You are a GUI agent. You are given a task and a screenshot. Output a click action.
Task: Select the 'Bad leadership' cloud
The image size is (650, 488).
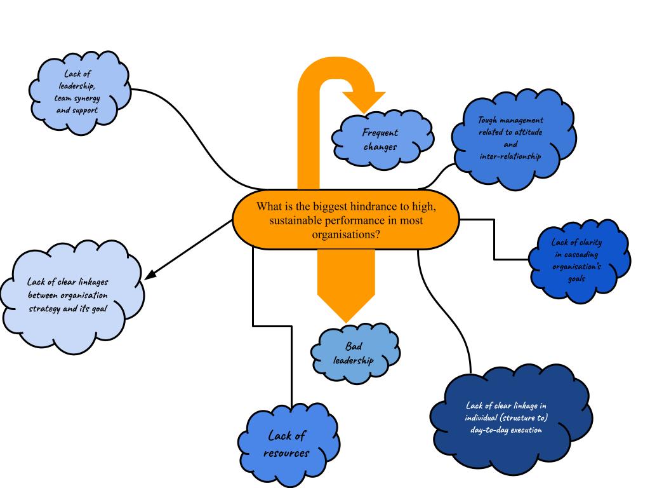(355, 354)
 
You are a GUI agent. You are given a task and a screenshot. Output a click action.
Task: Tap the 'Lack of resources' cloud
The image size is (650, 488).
(287, 444)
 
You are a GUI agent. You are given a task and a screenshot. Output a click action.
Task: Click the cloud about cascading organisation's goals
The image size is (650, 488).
(577, 261)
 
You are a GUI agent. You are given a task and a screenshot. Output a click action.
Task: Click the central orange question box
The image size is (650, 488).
(346, 220)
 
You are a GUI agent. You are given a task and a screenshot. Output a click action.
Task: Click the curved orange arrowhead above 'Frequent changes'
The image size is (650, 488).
(364, 100)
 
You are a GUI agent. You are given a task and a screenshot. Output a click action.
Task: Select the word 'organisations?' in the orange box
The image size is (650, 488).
(346, 234)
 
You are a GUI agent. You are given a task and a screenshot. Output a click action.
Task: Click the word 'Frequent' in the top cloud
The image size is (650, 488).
(380, 133)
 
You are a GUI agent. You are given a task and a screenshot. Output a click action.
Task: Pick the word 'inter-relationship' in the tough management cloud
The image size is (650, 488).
(510, 156)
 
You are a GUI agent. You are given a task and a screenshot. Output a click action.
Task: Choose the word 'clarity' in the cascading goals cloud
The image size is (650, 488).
(588, 242)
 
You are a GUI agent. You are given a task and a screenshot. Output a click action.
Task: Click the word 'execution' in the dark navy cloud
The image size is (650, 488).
(524, 430)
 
